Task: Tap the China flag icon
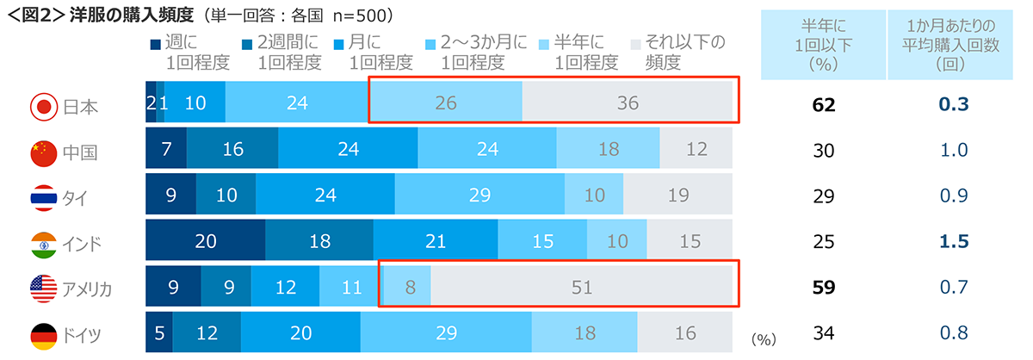(x=43, y=152)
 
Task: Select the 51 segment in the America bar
(x=582, y=288)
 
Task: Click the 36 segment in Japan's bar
(x=628, y=103)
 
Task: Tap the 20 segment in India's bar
(x=205, y=242)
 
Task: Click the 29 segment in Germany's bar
(x=445, y=333)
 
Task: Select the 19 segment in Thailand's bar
(x=678, y=196)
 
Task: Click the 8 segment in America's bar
(x=405, y=288)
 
